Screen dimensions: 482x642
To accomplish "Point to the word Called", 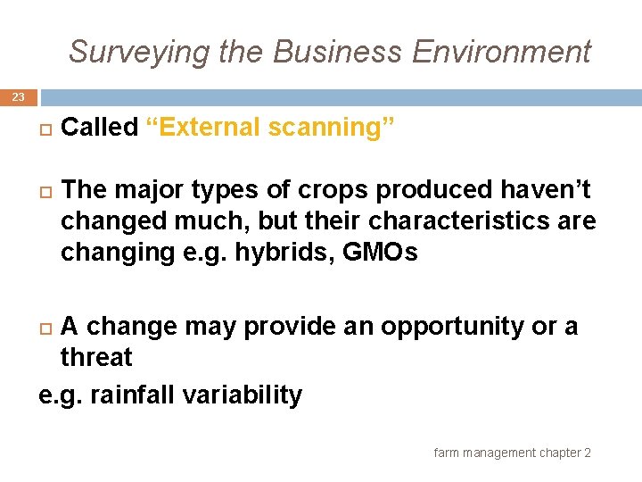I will pyautogui.click(x=99, y=128).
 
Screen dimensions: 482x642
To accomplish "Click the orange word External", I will pyautogui.click(x=207, y=128).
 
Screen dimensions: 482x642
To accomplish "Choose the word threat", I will pyautogui.click(x=95, y=357).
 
